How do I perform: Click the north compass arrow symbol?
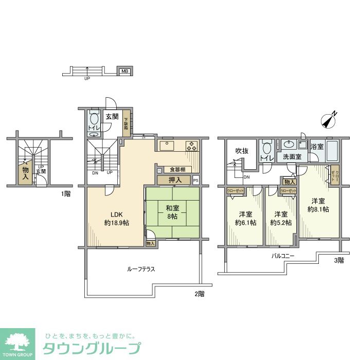click(x=329, y=119)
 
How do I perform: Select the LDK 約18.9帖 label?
click(x=116, y=219)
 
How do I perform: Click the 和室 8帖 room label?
click(x=172, y=213)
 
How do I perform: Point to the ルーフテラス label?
click(x=141, y=269)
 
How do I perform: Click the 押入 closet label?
click(x=175, y=180)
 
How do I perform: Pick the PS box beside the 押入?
click(x=195, y=181)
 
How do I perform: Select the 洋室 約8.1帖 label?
click(x=318, y=205)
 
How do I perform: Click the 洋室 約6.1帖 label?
click(x=245, y=219)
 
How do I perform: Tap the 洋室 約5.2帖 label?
click(x=281, y=219)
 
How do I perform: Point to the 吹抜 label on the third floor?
click(x=242, y=151)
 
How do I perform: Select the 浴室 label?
click(x=317, y=147)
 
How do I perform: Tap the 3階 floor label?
click(x=338, y=261)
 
